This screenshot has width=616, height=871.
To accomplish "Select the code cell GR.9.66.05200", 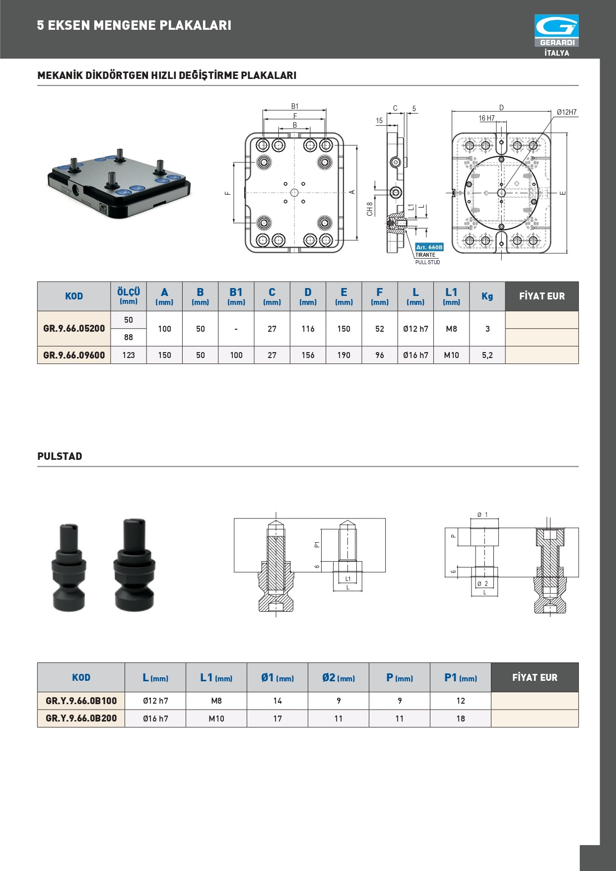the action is pos(74,328).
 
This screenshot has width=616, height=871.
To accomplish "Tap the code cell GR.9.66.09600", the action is pos(74,355).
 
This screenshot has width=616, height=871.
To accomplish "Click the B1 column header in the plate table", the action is pos(236,296).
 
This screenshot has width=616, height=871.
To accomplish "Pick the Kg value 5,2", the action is pos(487,355).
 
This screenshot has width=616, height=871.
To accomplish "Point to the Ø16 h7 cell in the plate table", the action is pos(415,355).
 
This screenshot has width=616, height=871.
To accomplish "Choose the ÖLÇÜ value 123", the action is pos(129,355).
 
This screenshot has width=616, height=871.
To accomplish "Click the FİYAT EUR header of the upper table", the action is pos(542,296).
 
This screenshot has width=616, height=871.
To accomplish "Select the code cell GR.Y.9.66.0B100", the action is pos(81,701).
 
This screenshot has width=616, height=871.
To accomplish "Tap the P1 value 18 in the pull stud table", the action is pos(461,719).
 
